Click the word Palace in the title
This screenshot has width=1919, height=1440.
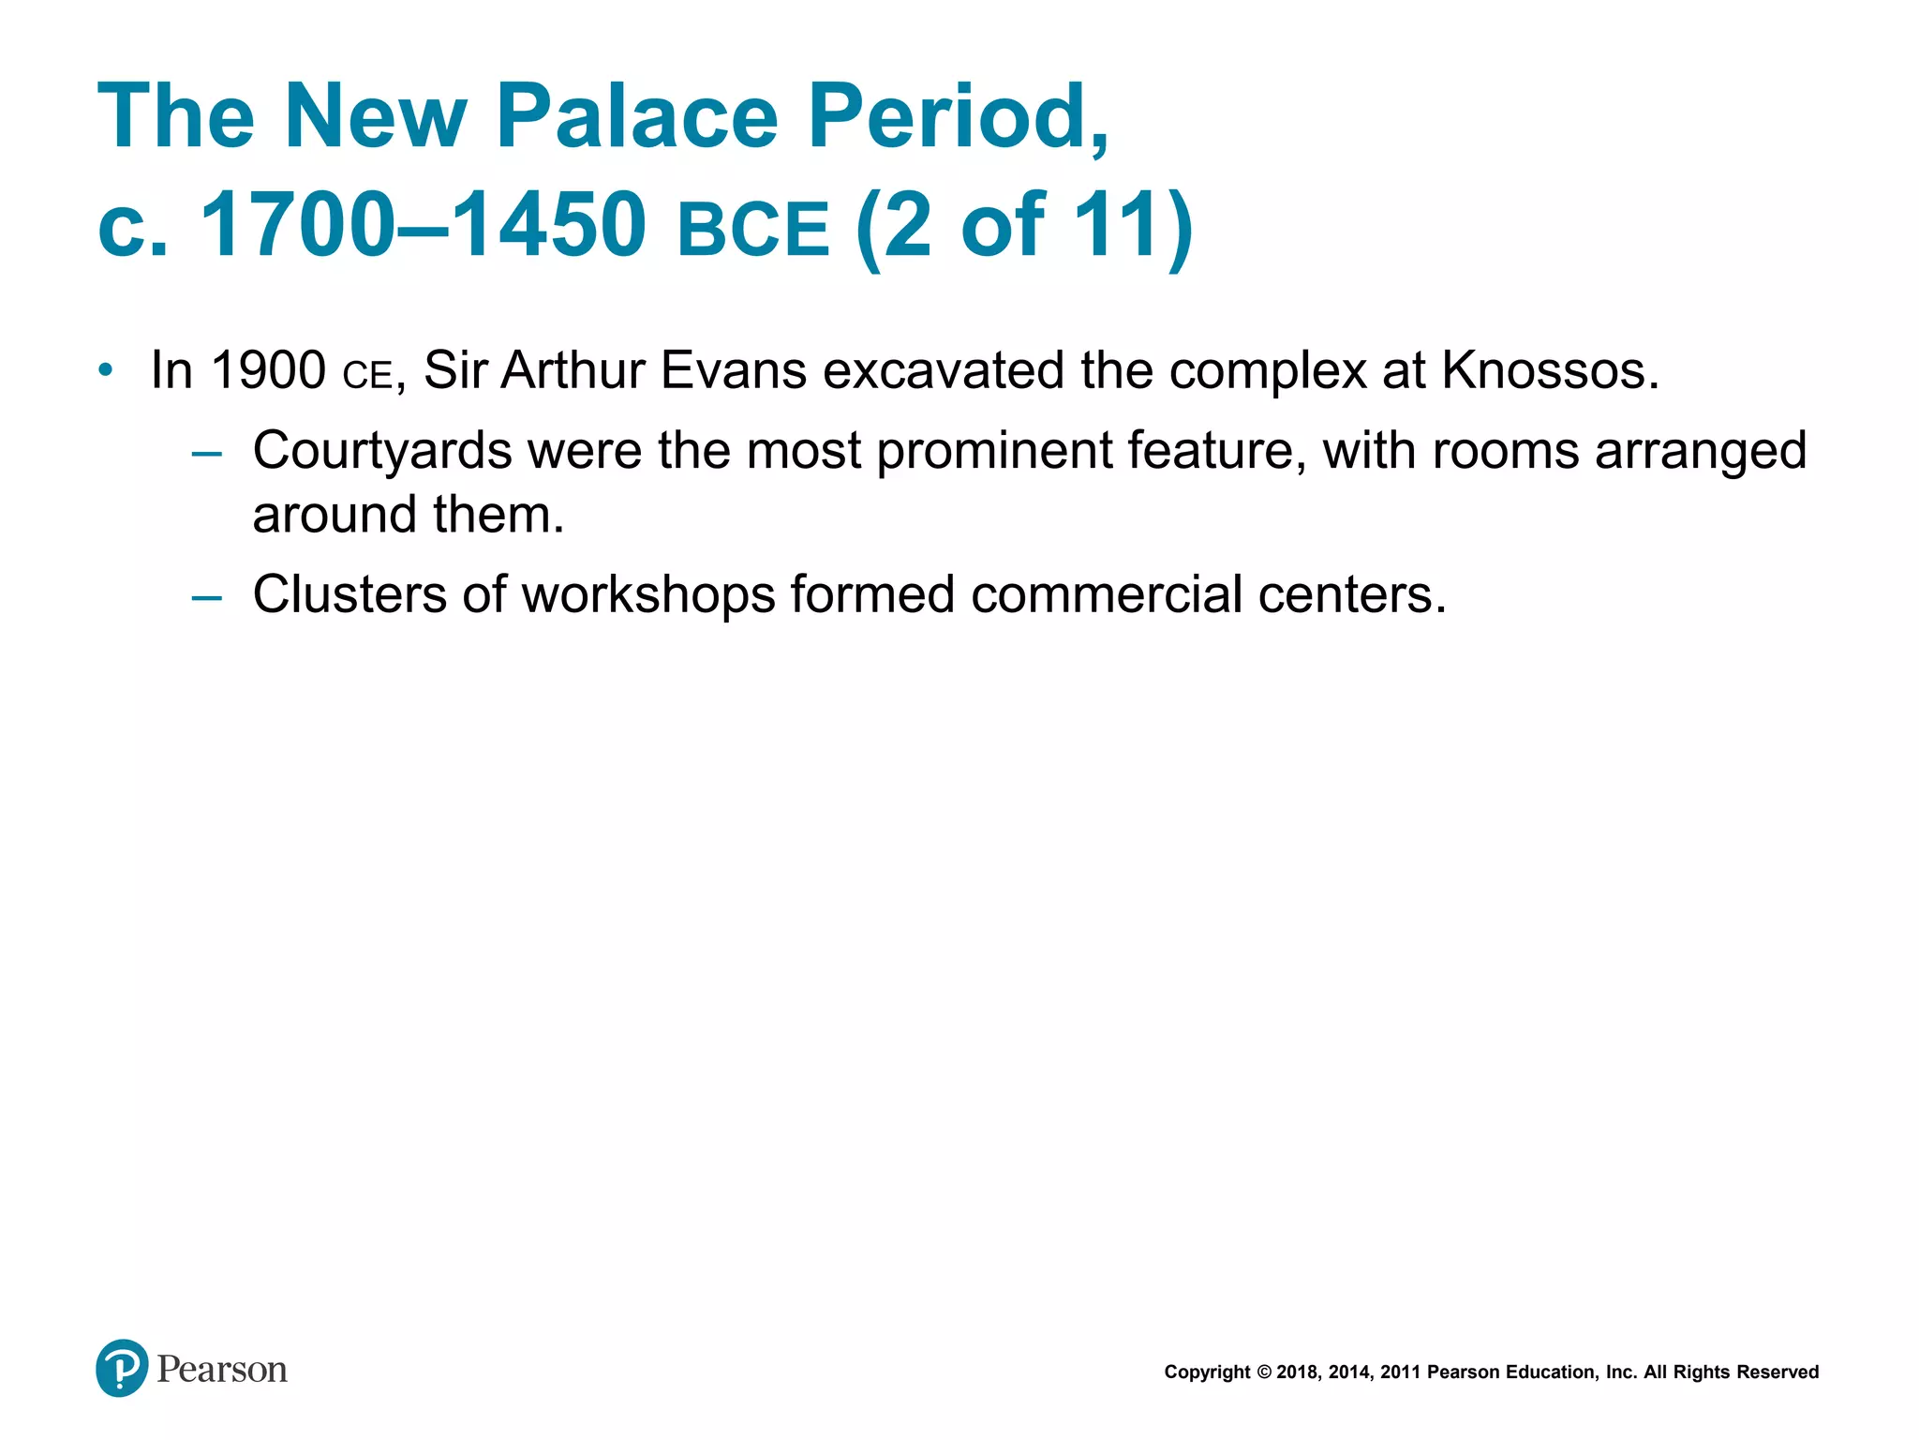637,116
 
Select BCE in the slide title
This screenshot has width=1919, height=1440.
753,229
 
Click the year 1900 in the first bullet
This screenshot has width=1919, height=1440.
268,370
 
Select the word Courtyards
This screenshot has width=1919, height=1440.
381,451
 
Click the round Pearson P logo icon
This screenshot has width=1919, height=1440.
122,1368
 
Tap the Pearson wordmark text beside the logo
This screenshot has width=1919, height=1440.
222,1370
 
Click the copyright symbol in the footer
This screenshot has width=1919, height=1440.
1264,1372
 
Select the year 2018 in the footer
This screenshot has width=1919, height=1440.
1298,1372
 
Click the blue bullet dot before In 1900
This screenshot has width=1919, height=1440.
106,370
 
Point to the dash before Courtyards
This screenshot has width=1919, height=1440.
206,455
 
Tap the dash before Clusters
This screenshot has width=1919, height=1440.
206,597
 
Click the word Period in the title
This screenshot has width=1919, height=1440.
956,116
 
